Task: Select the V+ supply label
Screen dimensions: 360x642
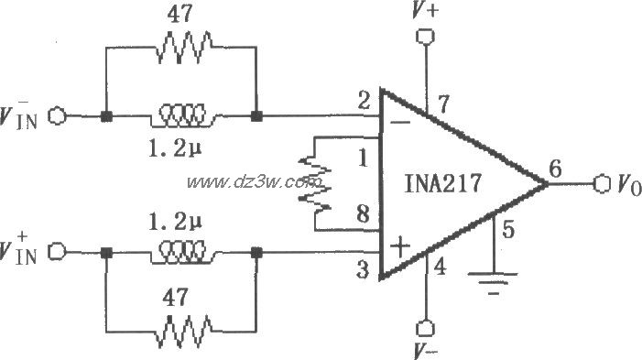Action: [x=423, y=13]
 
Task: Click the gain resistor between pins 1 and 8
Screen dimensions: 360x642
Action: [x=314, y=182]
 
